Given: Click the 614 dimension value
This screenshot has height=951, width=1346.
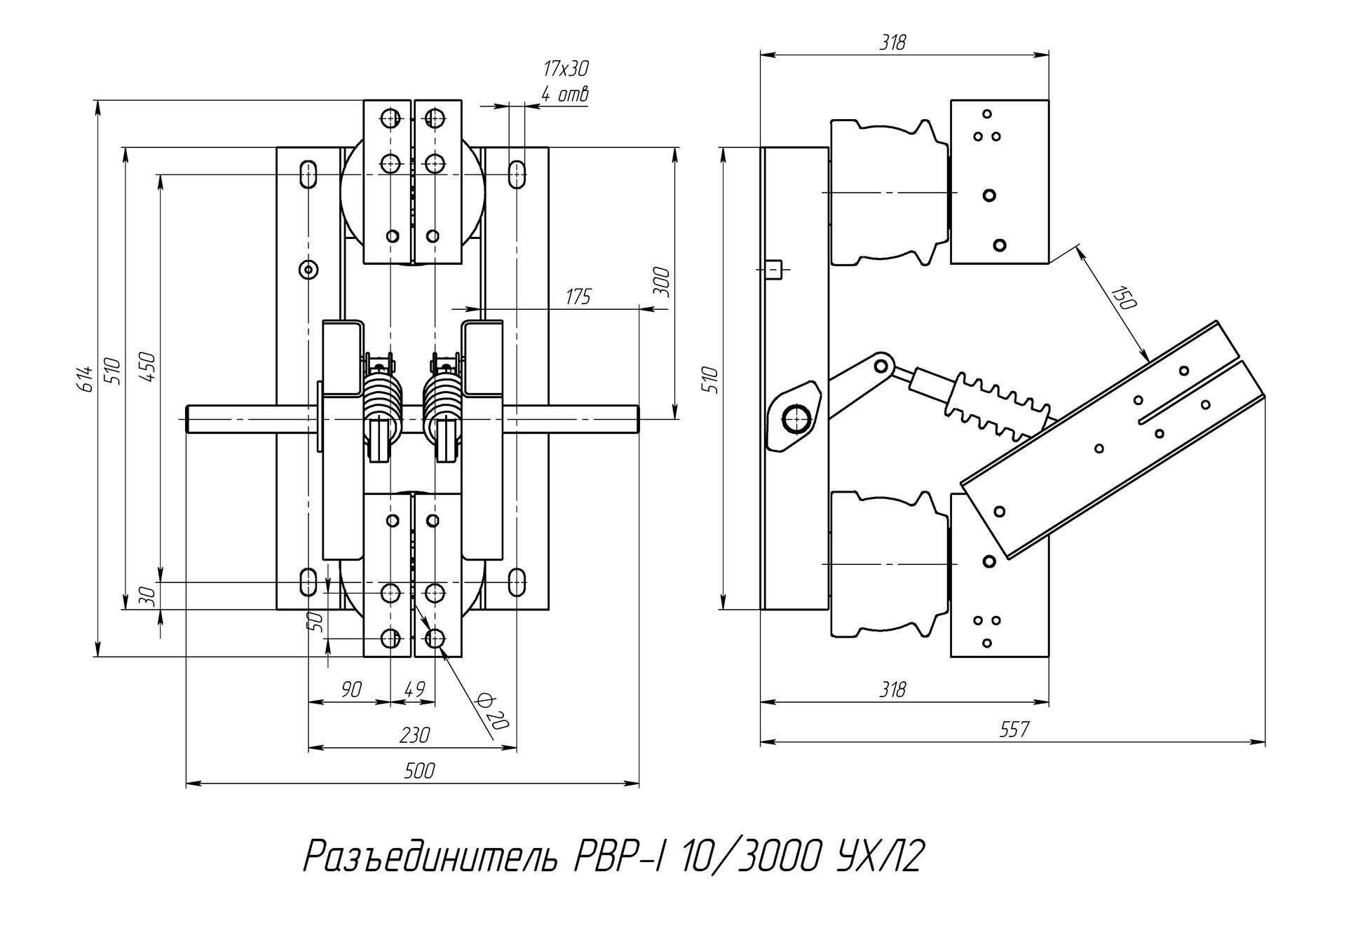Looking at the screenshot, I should coord(85,378).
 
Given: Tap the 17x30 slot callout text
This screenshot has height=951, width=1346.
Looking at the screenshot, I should coord(565,69).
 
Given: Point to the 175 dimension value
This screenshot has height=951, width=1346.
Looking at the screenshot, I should coord(578,297).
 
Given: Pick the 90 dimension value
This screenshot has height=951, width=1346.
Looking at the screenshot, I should coord(351,690).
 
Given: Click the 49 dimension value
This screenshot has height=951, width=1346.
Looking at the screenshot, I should coord(415,690).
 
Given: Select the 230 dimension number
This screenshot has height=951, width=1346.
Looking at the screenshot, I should coord(414,736).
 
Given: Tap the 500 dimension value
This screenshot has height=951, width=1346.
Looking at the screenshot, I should coord(419,772).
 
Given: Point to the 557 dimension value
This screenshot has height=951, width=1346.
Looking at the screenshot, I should coord(1014,730).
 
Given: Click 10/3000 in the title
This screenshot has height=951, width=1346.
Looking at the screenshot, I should coord(749,856).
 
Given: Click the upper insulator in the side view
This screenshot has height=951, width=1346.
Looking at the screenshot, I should coord(889,192).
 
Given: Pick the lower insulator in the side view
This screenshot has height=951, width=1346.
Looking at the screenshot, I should coord(889,564).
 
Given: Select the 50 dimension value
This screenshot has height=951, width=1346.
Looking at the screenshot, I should coord(316,621).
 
